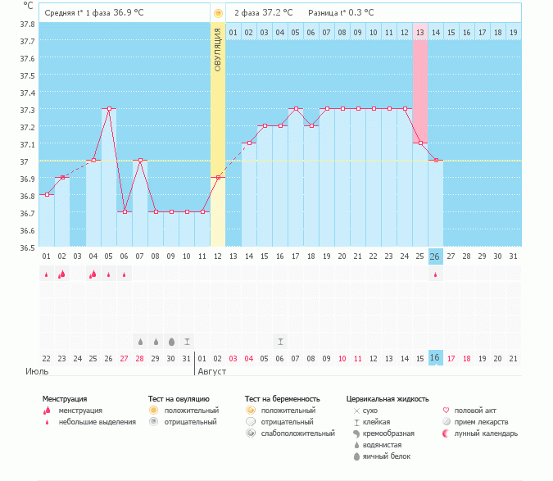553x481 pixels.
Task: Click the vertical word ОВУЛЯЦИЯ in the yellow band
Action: click(x=218, y=49)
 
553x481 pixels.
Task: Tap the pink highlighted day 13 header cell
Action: click(x=419, y=32)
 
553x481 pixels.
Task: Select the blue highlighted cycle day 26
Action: click(x=435, y=256)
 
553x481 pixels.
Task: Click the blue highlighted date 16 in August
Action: click(x=435, y=358)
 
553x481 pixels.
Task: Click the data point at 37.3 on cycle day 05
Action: click(x=109, y=108)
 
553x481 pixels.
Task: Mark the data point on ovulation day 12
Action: click(x=218, y=177)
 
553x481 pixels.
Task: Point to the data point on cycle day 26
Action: click(x=435, y=160)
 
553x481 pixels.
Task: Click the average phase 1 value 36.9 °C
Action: click(x=133, y=13)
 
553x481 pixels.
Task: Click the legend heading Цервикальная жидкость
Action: click(x=388, y=398)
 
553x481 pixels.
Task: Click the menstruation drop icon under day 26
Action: click(x=435, y=275)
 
